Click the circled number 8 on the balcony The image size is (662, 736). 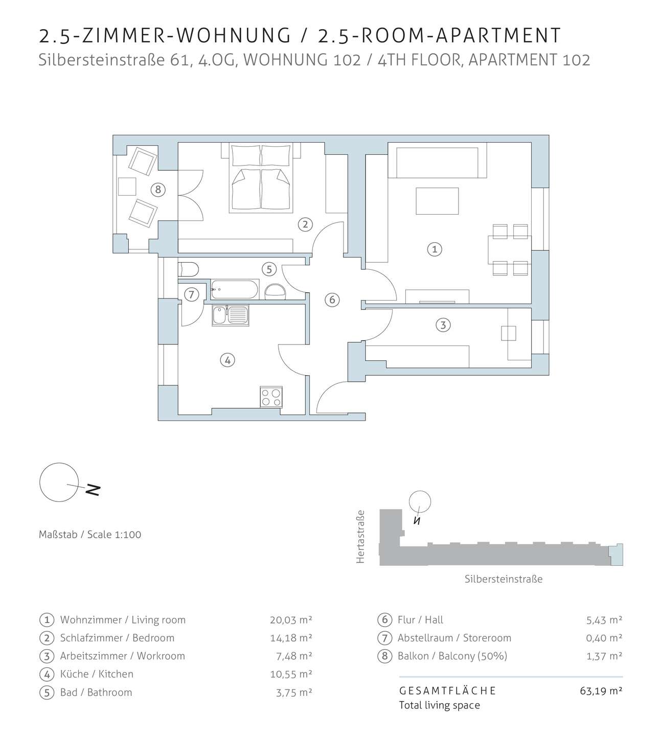[158, 190]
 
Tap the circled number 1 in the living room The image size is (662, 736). [435, 249]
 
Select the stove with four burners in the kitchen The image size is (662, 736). [271, 397]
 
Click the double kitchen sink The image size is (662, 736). [230, 315]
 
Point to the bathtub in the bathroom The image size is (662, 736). [235, 289]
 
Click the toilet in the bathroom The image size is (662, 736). [188, 269]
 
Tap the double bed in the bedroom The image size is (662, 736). [261, 177]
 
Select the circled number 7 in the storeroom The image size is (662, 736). [191, 294]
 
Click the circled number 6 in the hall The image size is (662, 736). [332, 300]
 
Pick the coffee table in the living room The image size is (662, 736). [437, 201]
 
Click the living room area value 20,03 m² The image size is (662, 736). [291, 619]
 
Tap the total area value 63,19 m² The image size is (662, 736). [601, 691]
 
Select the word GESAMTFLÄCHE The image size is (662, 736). [447, 691]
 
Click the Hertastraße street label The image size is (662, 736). [361, 536]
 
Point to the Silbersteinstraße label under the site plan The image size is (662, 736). [503, 579]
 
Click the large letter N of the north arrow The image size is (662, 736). [93, 490]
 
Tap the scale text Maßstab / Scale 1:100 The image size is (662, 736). [90, 534]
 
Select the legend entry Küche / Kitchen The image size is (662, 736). [97, 674]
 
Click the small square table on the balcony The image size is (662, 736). [127, 187]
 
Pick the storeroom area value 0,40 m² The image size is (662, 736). [604, 638]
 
